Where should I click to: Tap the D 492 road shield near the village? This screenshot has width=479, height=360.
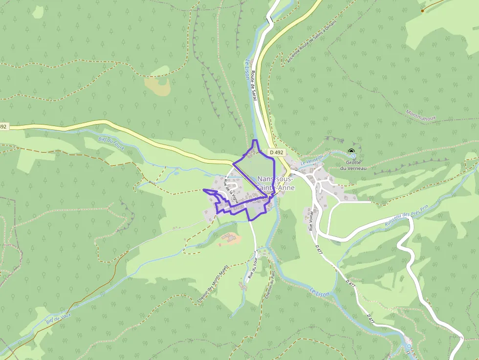[x=277, y=152]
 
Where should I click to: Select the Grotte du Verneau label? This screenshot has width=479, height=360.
[x=353, y=165]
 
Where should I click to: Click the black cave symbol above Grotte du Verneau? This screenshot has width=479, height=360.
[x=351, y=150]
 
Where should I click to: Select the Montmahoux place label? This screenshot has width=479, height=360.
[x=423, y=120]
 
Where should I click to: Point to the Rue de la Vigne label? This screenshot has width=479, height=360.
[x=230, y=190]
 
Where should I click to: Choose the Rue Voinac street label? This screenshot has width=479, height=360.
[x=310, y=220]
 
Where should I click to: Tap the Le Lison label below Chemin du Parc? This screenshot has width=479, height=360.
[x=320, y=292]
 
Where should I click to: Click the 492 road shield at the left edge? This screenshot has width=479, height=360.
[x=3, y=127]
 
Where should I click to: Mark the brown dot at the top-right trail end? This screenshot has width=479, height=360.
[x=422, y=10]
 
